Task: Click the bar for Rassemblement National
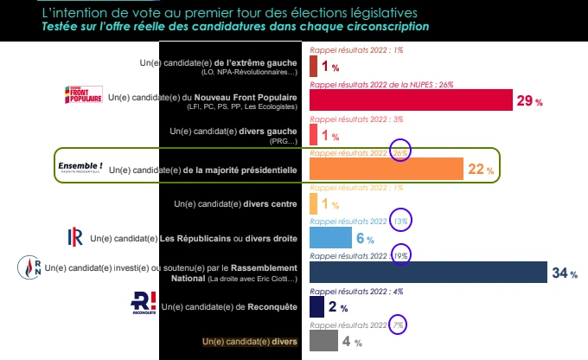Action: tap(428, 272)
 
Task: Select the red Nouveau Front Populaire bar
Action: tap(411, 100)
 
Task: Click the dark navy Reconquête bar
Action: tap(316, 306)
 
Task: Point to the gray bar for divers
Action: tap(323, 341)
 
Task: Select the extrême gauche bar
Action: tap(313, 66)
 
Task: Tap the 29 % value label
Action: tap(529, 101)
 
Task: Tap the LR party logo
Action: tap(75, 237)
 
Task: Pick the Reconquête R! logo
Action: tap(143, 303)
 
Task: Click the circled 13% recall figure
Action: tap(401, 221)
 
